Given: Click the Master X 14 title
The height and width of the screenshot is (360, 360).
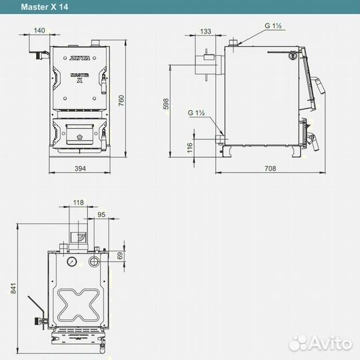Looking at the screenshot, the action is tap(45, 7).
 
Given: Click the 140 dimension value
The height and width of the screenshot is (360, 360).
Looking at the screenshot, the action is tap(39, 30).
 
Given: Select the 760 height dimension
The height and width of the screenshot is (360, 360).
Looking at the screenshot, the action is tap(121, 100).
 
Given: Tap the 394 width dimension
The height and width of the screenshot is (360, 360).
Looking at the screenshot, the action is tap(81, 169).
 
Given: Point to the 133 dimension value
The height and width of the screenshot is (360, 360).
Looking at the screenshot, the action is tap(205, 31).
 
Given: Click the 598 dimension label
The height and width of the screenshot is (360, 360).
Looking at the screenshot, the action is tap(166, 104).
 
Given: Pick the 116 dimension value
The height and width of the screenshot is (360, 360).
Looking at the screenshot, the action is tap(189, 148).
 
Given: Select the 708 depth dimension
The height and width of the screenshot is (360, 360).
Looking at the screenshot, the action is tap(270, 169).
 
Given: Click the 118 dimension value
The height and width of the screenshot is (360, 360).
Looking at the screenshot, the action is tap(79, 203).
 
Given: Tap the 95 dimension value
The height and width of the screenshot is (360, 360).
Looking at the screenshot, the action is tap(101, 215).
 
